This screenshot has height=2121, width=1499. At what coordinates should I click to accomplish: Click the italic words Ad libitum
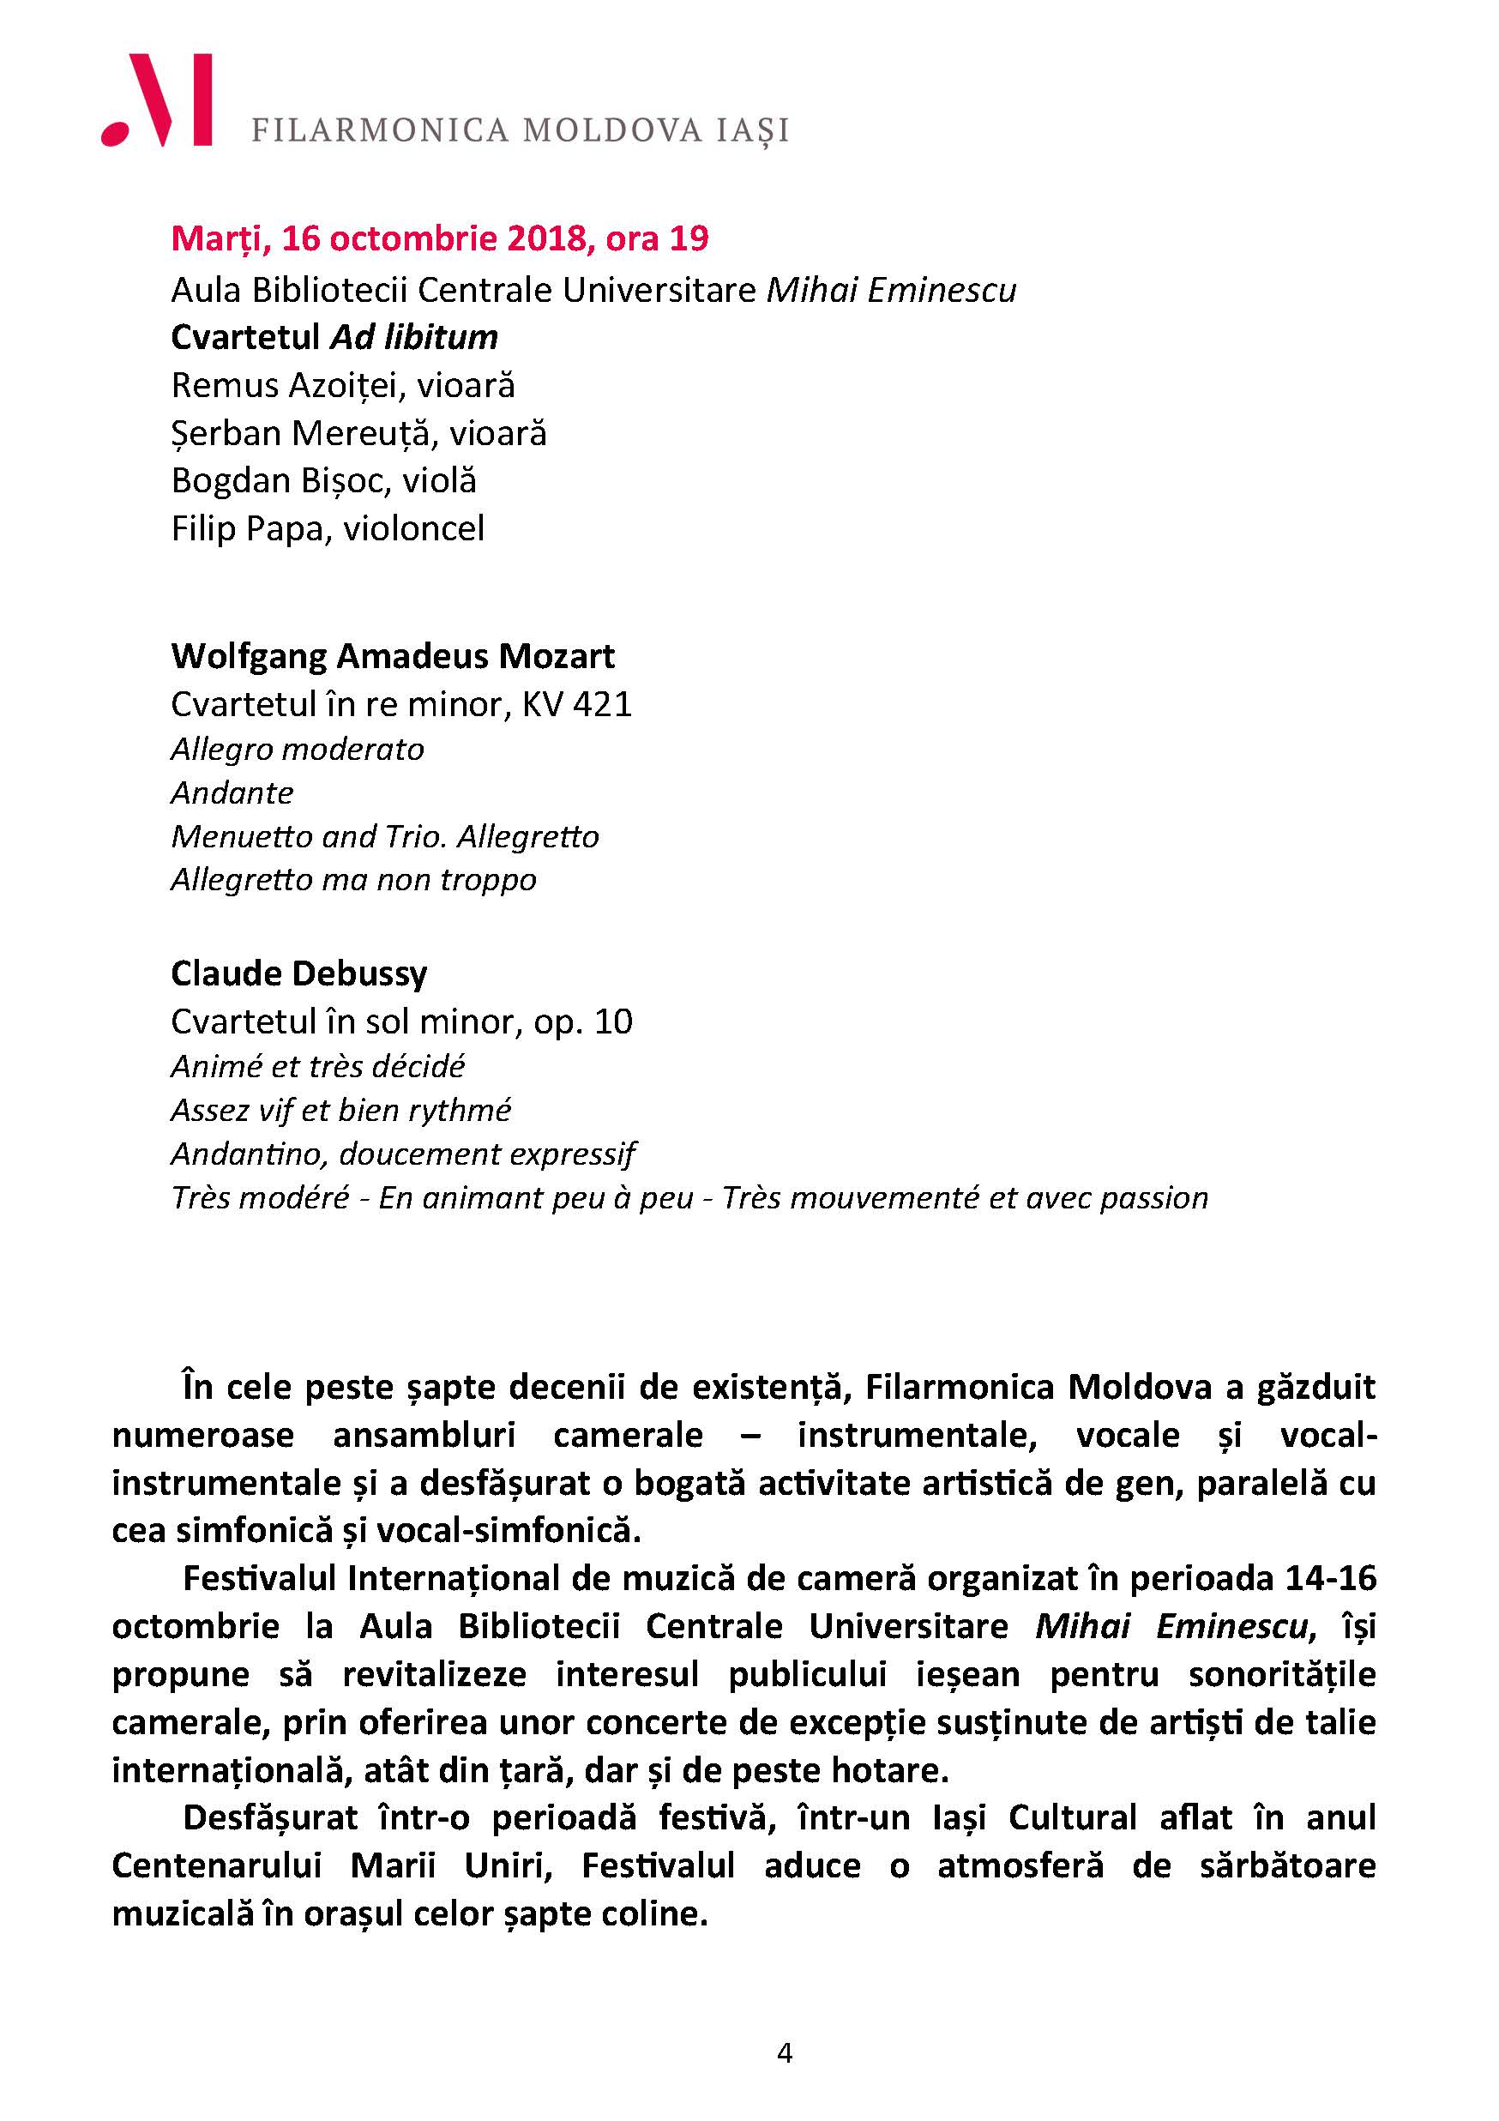pos(415,337)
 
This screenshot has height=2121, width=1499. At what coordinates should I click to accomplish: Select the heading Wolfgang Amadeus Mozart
pos(393,656)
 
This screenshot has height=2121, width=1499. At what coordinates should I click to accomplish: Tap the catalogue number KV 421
pos(577,704)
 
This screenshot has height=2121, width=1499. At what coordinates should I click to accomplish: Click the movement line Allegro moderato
pos(298,750)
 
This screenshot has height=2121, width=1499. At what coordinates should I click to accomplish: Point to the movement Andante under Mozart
pos(232,792)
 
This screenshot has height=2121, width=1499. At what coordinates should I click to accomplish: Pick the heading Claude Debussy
pos(299,973)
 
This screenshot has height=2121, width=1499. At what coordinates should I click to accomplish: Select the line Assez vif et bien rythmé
pos(340,1110)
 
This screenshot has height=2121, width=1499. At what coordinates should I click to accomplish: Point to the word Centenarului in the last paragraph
pos(216,1865)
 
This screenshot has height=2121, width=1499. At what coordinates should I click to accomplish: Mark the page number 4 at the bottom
pos(785,2080)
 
